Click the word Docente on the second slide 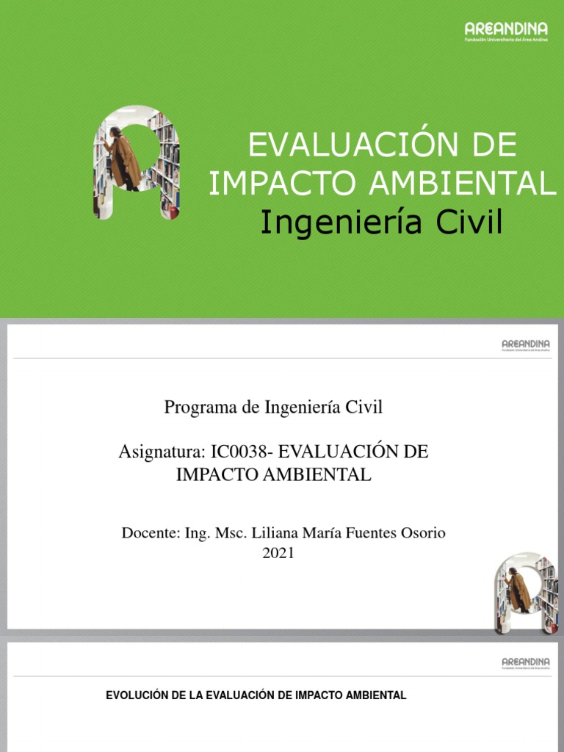click(148, 532)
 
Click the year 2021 click(278, 554)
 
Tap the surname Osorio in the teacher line click(423, 532)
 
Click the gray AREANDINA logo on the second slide click(524, 344)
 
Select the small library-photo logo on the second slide click(526, 593)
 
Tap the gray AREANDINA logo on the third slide click(524, 663)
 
